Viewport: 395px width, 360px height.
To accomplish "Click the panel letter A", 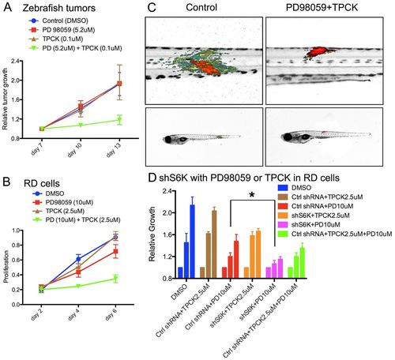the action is click(8, 7).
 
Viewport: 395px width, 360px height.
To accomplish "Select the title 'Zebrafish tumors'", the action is click(59, 8).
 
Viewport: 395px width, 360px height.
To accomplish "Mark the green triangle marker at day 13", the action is click(119, 120).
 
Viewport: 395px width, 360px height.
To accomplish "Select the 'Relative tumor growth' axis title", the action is click(5, 99).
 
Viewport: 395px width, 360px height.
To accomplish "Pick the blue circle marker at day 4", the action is click(78, 259).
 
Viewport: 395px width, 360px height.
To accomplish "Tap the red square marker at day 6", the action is click(115, 252).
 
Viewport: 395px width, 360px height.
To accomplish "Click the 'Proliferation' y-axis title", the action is click(6, 267).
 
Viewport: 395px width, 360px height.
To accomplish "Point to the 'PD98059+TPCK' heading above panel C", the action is click(322, 7).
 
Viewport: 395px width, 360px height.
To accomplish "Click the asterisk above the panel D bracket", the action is click(252, 195).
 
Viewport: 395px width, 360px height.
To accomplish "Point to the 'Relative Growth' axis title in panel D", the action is click(152, 234).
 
